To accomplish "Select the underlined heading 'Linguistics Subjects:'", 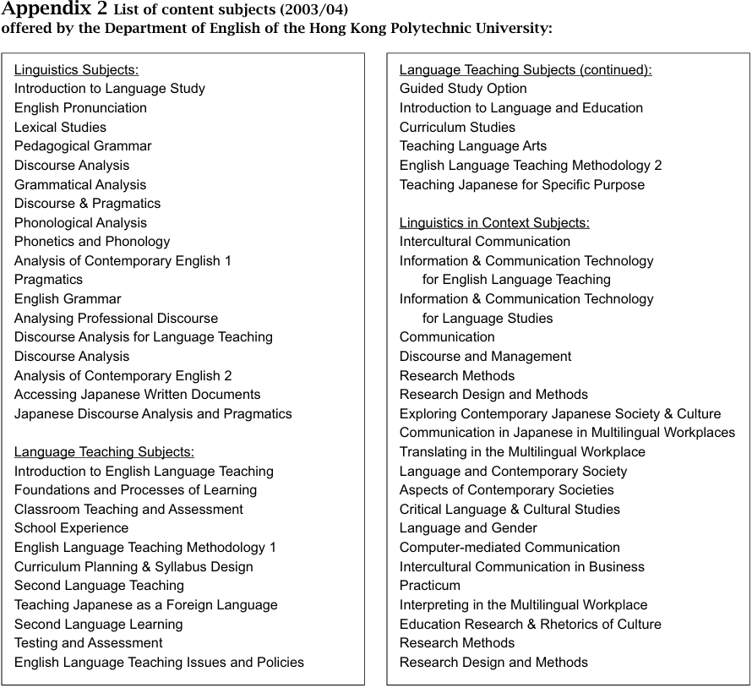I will pyautogui.click(x=76, y=69).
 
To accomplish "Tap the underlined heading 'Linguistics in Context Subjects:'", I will pyautogui.click(x=494, y=222).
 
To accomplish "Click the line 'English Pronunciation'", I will pyautogui.click(x=80, y=107).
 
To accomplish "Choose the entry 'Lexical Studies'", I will pyautogui.click(x=60, y=127).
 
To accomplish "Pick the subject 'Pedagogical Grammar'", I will pyautogui.click(x=83, y=145).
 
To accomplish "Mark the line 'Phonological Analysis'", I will pyautogui.click(x=80, y=222).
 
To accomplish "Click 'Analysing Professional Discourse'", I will pyautogui.click(x=116, y=318).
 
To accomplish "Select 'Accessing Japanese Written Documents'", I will pyautogui.click(x=137, y=394).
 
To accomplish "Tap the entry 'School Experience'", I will pyautogui.click(x=71, y=527).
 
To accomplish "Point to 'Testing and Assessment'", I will pyautogui.click(x=88, y=642).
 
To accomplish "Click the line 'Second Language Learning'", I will pyautogui.click(x=98, y=624).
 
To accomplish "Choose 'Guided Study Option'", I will pyautogui.click(x=463, y=88).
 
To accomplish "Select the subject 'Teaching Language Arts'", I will pyautogui.click(x=473, y=145).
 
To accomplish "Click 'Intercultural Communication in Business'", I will pyautogui.click(x=521, y=566).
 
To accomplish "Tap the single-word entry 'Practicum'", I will pyautogui.click(x=430, y=585).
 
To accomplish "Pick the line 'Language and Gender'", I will pyautogui.click(x=468, y=527).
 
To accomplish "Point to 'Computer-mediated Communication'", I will pyautogui.click(x=510, y=547).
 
